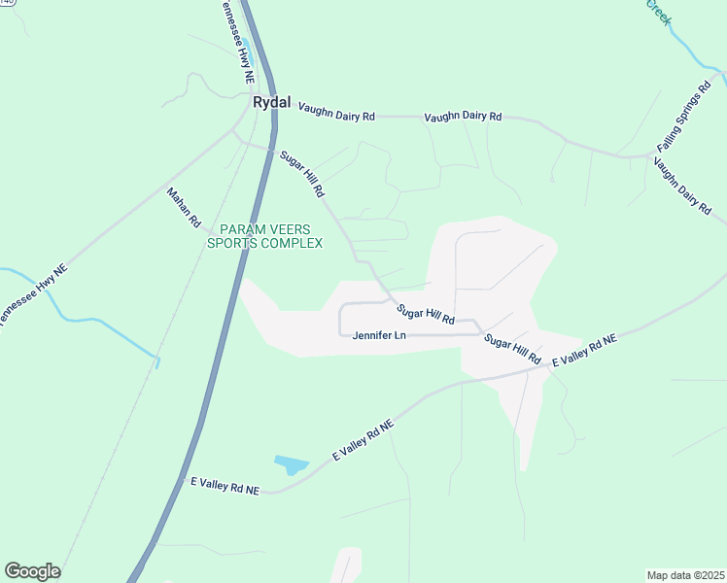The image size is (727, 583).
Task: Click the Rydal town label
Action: tap(271, 101)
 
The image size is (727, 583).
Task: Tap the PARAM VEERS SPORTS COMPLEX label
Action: tap(264, 236)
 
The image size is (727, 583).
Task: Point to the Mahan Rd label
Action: tap(184, 208)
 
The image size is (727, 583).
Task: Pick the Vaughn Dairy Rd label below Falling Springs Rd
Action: tap(682, 184)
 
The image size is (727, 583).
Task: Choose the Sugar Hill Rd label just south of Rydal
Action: tap(301, 174)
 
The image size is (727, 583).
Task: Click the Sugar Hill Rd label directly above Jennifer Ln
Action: tap(426, 313)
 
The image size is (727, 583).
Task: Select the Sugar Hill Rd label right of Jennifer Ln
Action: tap(512, 349)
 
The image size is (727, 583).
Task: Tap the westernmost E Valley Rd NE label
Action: tap(225, 486)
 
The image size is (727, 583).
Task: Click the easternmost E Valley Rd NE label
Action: tap(584, 351)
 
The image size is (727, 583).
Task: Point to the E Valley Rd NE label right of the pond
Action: tap(363, 441)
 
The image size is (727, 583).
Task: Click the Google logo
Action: tap(32, 571)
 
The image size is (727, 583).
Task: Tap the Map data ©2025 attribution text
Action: tap(685, 575)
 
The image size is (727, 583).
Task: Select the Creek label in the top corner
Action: tap(658, 12)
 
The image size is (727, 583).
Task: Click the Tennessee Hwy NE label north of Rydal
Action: tap(239, 39)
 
